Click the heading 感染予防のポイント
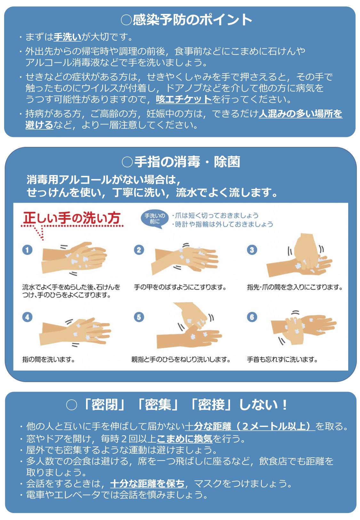(186, 20)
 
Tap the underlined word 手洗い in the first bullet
(67, 37)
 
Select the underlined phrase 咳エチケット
(184, 99)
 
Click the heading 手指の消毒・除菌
(181, 162)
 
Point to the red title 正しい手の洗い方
(71, 218)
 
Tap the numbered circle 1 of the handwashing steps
(27, 250)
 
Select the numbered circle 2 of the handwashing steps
(139, 250)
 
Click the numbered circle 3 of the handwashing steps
(252, 250)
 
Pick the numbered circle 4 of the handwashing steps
(27, 317)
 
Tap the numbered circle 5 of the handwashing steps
(139, 317)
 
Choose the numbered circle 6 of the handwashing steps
(252, 317)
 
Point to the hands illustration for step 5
(189, 325)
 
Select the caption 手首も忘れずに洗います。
(282, 360)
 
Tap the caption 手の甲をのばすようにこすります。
(180, 287)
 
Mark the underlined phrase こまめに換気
(185, 438)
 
